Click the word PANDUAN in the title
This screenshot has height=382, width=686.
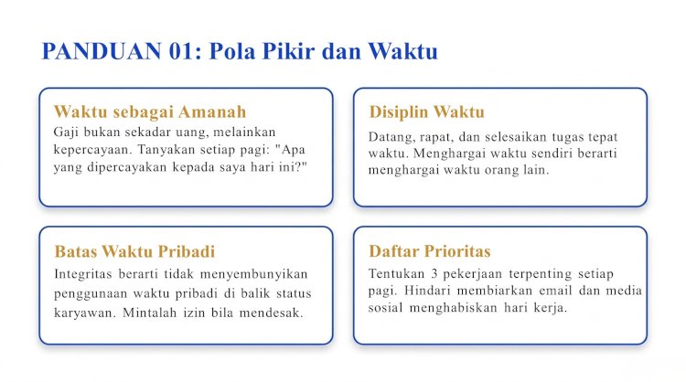click(102, 51)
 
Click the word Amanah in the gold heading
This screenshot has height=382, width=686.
click(212, 111)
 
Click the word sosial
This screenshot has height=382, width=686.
click(385, 308)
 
